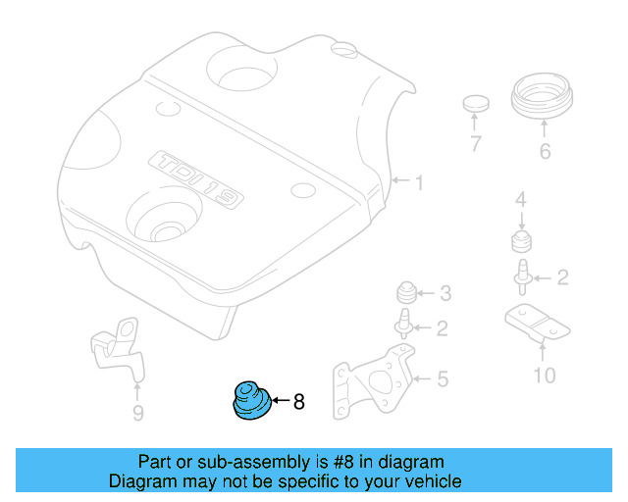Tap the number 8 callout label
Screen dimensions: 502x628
(x=299, y=401)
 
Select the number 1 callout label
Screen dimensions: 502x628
(x=418, y=182)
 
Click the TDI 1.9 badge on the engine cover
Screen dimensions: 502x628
(x=195, y=179)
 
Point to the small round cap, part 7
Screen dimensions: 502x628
(x=476, y=105)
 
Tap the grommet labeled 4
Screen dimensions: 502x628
(x=521, y=242)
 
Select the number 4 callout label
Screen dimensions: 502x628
(x=521, y=201)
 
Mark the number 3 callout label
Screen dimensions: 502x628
(x=445, y=292)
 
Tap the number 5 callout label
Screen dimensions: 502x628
(x=443, y=377)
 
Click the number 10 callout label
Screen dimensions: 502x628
(x=544, y=376)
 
